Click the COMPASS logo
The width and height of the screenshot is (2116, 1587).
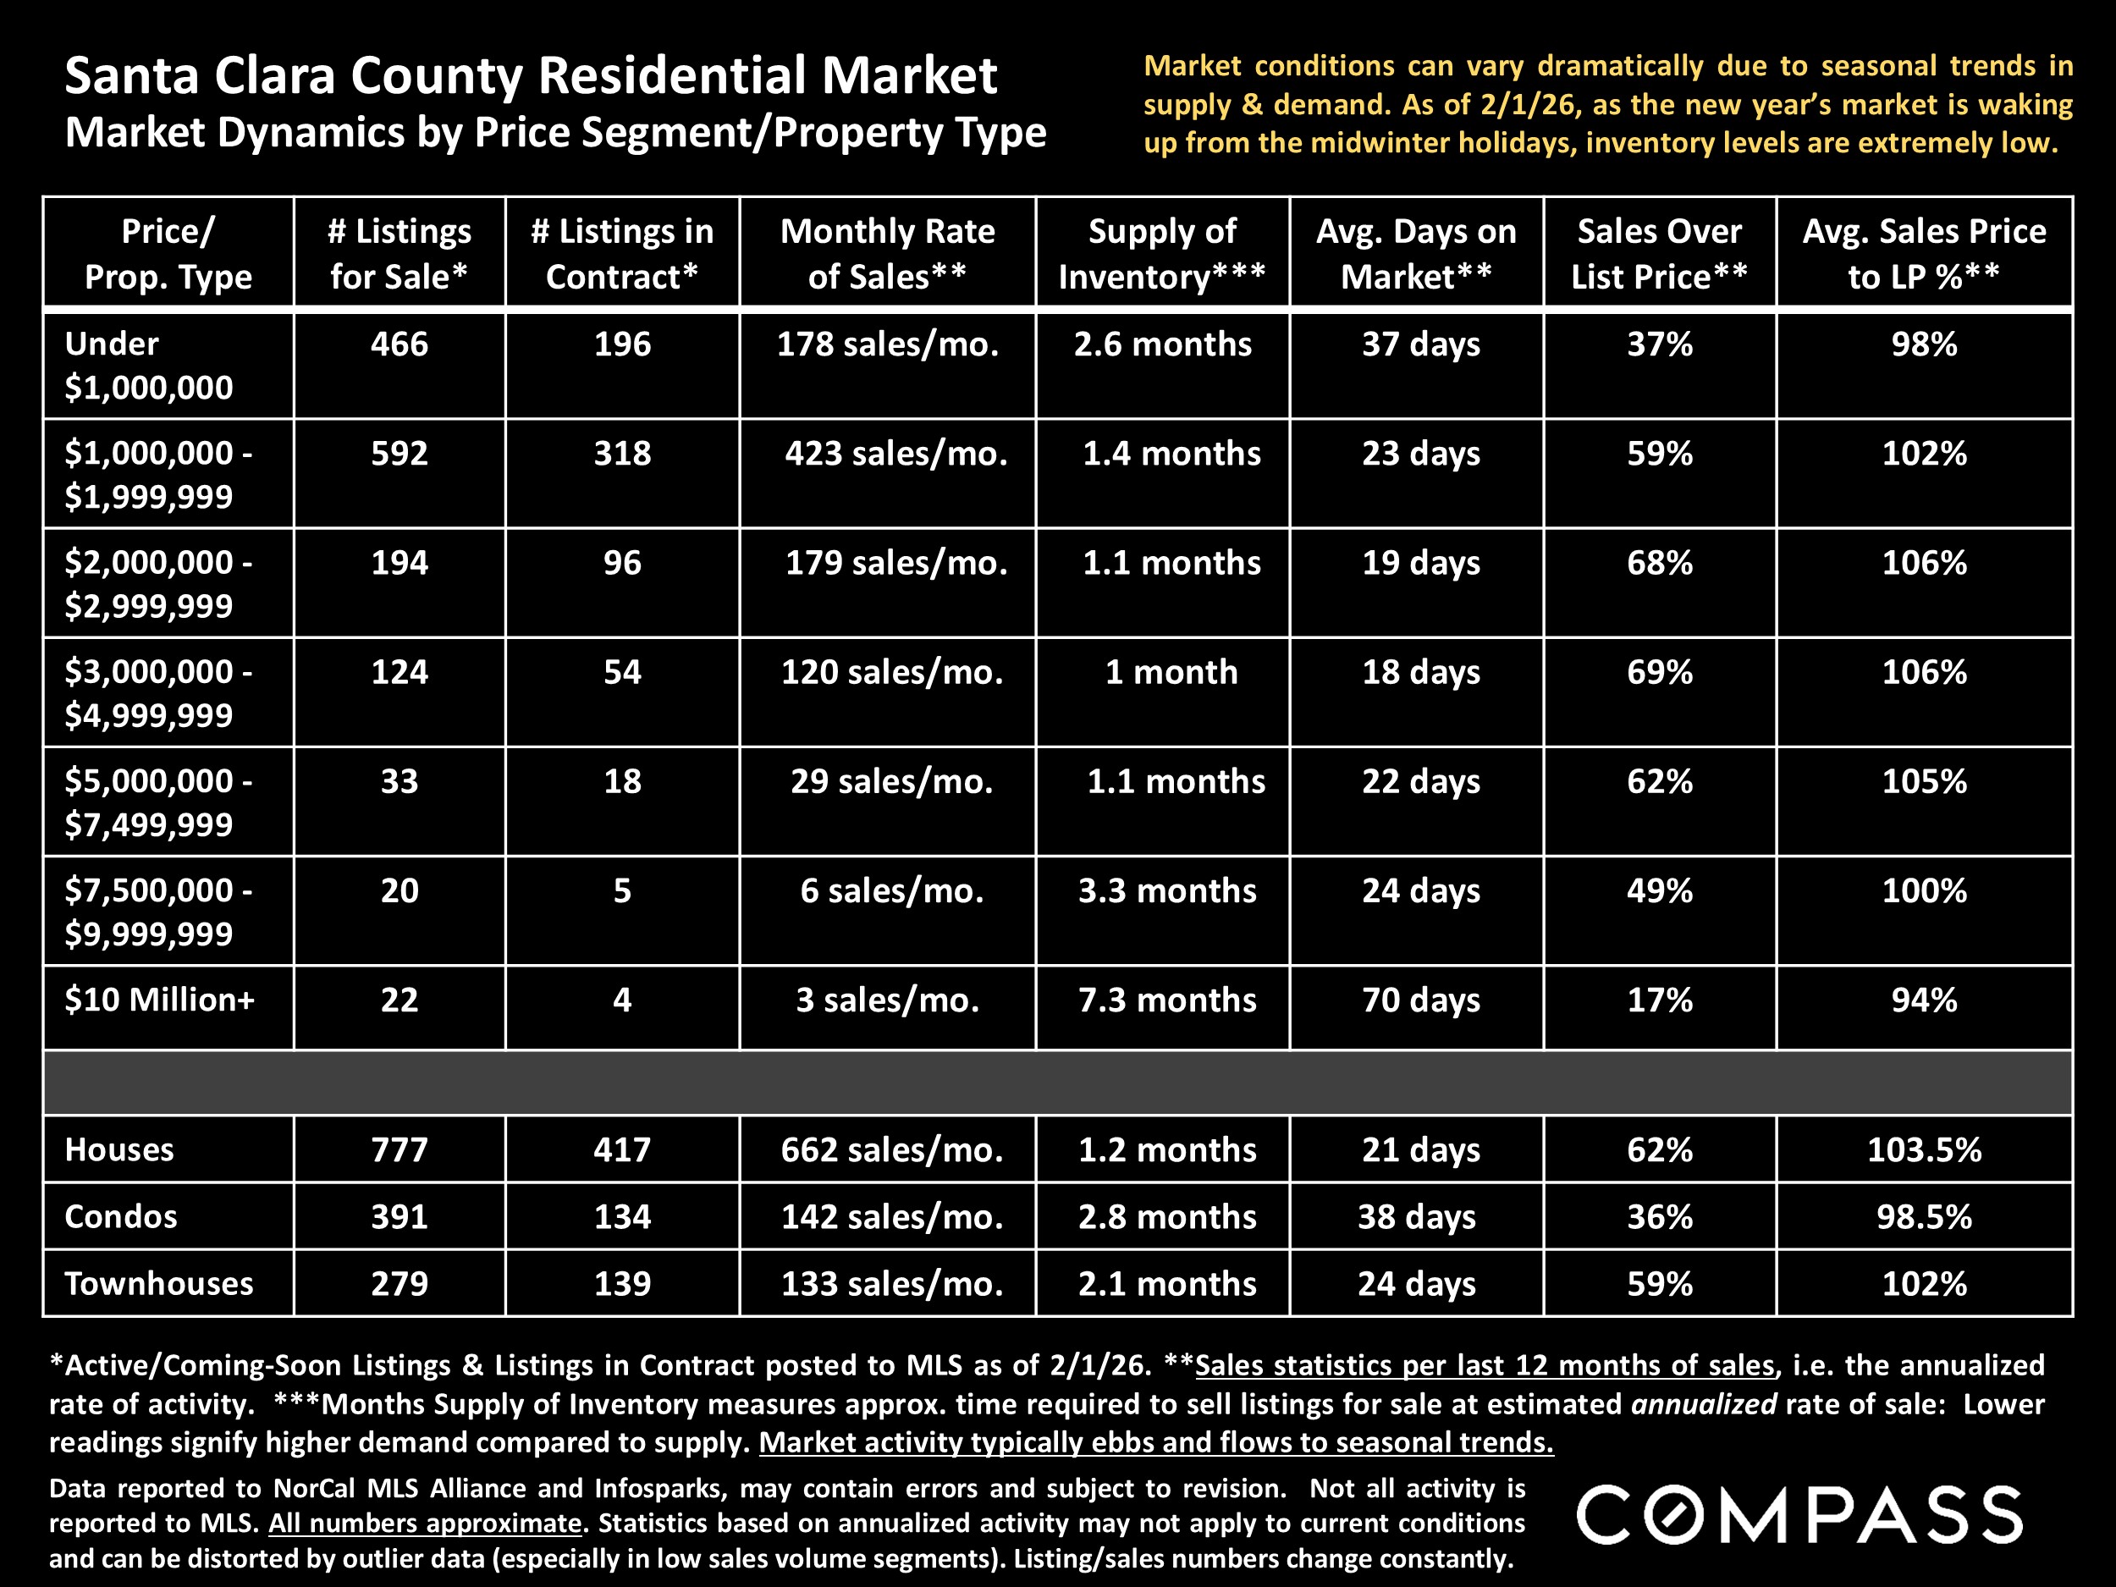1799,1515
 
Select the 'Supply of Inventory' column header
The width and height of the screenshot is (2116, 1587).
1161,254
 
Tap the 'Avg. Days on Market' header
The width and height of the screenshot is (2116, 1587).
1416,254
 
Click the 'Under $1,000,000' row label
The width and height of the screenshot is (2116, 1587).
148,366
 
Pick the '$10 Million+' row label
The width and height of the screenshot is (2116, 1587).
160,1000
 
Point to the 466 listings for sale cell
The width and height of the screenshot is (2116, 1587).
399,344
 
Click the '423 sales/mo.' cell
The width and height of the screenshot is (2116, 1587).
895,454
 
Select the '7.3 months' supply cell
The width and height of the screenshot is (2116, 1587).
1167,1000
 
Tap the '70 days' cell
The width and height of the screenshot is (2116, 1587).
1420,1000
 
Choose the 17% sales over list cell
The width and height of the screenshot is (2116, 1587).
1660,1000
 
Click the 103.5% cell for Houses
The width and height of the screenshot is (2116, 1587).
1924,1149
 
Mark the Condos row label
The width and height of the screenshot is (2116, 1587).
120,1217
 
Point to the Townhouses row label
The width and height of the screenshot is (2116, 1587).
159,1284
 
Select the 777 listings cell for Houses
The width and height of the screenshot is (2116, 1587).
399,1149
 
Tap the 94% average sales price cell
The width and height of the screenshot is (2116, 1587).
1924,1000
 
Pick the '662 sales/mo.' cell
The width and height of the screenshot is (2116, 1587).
891,1149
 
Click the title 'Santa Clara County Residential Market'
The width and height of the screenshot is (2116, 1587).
531,76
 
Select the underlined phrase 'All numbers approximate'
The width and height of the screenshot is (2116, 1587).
425,1523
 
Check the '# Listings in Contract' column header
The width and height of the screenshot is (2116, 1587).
622,254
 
